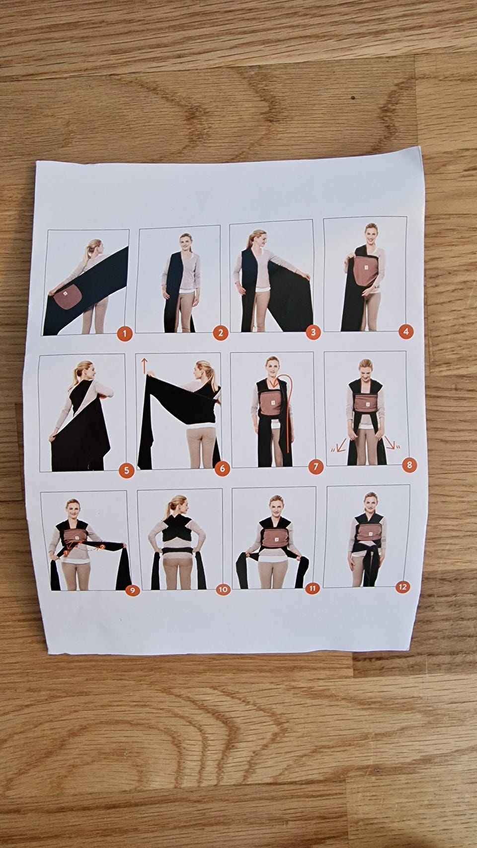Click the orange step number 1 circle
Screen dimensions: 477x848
pos(124,334)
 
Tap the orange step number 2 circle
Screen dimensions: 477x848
pos(221,333)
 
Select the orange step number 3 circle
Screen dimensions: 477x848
pos(313,332)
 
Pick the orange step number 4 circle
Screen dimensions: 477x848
pos(406,332)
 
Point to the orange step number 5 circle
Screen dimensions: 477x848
pos(126,471)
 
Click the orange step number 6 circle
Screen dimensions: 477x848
pos(222,469)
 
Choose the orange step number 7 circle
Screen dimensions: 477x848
pos(316,467)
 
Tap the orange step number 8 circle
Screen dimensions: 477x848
pos(409,465)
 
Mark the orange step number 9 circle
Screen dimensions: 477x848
pos(132,590)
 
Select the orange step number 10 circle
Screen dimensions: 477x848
pos(223,589)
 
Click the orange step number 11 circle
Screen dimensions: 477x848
pos(313,588)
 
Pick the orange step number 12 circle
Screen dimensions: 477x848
pos(402,587)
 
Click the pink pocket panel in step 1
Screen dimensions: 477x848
pos(68,296)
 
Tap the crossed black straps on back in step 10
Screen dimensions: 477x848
pos(177,528)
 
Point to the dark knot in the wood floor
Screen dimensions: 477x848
pos(353,97)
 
